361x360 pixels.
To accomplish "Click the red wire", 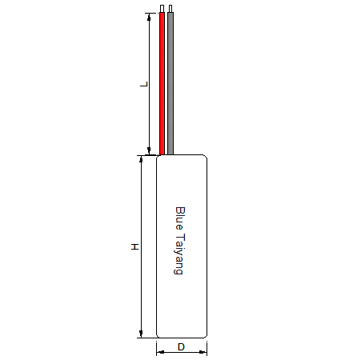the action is [162, 83].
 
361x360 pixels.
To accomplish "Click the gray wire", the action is [170, 83].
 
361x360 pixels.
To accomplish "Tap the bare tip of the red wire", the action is [162, 9].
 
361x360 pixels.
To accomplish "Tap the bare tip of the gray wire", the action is [170, 9].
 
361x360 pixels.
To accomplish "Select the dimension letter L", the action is [144, 84].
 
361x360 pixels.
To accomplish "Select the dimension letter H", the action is [135, 246].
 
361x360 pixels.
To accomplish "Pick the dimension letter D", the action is [181, 347].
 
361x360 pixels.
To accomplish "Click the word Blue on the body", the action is [180, 218].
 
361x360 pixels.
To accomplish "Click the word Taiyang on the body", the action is [179, 254].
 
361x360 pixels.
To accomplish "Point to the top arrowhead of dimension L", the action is [149, 17].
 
